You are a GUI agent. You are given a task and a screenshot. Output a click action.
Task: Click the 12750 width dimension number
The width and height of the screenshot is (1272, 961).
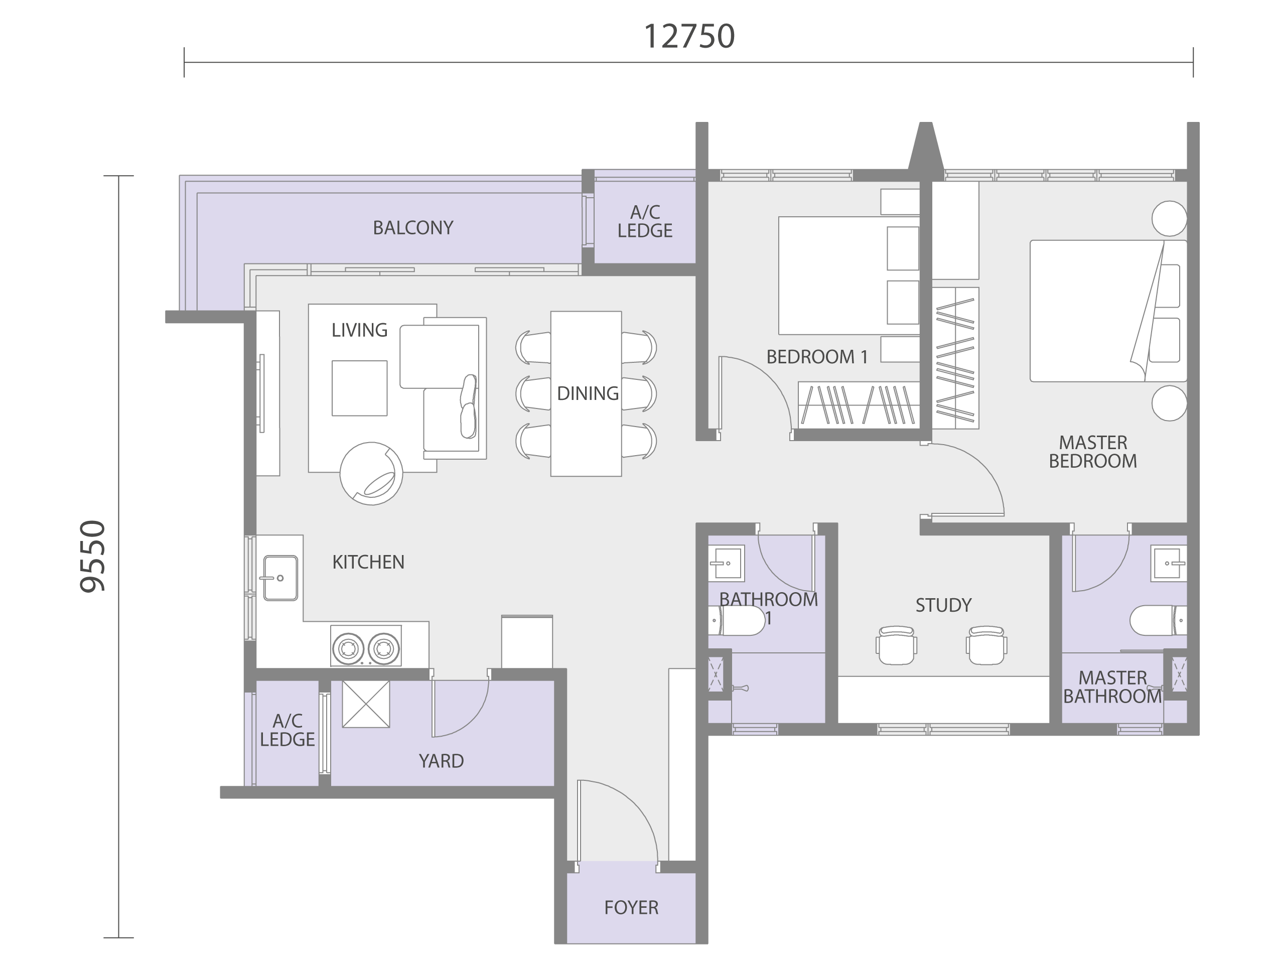[x=689, y=37]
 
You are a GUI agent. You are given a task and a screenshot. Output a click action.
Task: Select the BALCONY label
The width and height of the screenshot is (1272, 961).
[x=413, y=228]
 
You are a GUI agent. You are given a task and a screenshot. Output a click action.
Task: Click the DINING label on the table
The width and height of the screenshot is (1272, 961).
[x=588, y=393]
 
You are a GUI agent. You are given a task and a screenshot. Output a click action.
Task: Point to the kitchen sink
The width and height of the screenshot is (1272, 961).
[x=280, y=578]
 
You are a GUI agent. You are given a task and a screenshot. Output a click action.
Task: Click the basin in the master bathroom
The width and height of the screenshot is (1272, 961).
[x=1169, y=564]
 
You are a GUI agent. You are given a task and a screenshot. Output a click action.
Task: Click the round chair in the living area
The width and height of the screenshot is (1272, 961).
[x=371, y=473]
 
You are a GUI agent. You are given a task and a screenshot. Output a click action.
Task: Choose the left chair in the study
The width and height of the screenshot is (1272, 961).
[x=897, y=645]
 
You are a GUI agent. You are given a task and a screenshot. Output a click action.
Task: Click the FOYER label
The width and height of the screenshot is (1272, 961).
[x=631, y=907]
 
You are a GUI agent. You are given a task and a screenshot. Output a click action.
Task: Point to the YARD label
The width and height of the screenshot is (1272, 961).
[x=441, y=761]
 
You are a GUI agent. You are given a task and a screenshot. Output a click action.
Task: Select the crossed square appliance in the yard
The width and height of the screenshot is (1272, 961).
[x=366, y=704]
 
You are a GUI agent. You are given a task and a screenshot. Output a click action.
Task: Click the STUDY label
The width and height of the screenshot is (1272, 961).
[x=943, y=605]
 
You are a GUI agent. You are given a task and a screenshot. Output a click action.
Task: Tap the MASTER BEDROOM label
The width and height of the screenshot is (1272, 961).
[x=1092, y=452]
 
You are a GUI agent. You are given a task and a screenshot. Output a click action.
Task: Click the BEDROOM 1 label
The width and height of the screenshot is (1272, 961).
[x=816, y=357]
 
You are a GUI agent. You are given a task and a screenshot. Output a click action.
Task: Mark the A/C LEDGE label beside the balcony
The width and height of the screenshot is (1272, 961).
[x=645, y=221]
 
